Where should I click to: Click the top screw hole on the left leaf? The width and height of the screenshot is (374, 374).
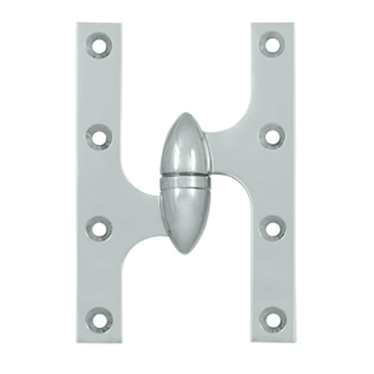tap(98, 45)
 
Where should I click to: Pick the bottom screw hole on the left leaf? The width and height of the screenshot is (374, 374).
tap(98, 320)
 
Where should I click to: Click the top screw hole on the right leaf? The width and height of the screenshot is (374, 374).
tap(272, 45)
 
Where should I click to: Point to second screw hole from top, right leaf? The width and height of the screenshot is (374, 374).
tap(272, 137)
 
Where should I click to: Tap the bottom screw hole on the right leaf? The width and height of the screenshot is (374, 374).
tap(272, 320)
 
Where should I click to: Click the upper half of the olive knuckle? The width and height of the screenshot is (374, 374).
tap(184, 146)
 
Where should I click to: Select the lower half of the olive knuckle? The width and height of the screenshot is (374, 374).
tap(184, 213)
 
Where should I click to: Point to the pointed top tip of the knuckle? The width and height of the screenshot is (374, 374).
tap(185, 114)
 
